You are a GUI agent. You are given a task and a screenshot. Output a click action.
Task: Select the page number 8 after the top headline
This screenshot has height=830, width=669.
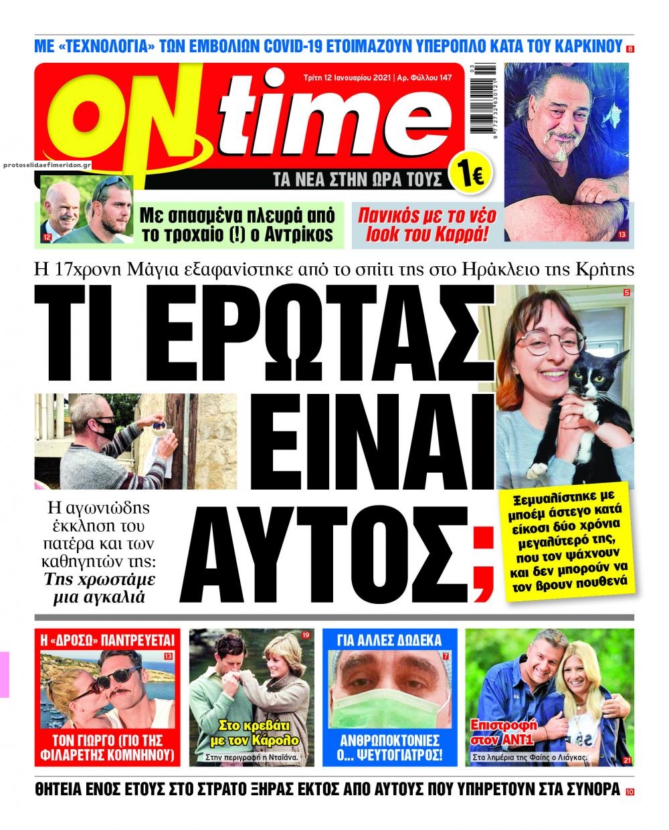[630, 49]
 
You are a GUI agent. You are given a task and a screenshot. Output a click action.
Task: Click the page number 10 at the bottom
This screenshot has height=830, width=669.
[630, 792]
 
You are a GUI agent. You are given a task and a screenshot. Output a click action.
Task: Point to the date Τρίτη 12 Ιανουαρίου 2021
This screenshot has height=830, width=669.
[344, 78]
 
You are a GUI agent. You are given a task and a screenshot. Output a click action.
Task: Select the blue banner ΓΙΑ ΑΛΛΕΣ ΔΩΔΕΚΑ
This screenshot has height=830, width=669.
[389, 639]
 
